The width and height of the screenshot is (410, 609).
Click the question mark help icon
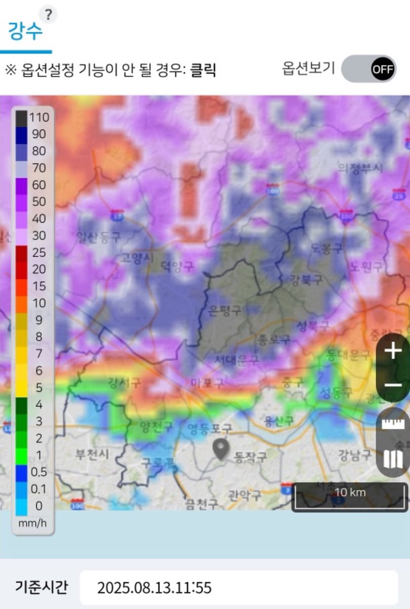(48, 15)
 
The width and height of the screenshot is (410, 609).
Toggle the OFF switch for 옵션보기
(368, 69)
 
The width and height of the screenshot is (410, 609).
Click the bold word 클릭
(203, 70)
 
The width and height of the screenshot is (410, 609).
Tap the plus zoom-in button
(393, 351)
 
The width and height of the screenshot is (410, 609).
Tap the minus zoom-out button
(393, 385)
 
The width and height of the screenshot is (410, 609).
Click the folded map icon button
(393, 460)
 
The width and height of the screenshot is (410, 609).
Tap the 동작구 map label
(250, 457)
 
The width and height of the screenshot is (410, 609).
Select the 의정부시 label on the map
(360, 168)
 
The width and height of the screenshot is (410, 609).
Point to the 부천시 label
(92, 453)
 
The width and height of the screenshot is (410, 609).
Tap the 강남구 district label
(355, 455)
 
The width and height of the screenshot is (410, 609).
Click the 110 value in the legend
(39, 118)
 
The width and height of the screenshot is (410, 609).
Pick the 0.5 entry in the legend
(39, 472)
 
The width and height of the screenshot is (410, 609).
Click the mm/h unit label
(32, 522)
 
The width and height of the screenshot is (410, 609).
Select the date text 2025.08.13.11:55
(154, 588)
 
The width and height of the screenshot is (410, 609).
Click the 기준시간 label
(42, 587)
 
